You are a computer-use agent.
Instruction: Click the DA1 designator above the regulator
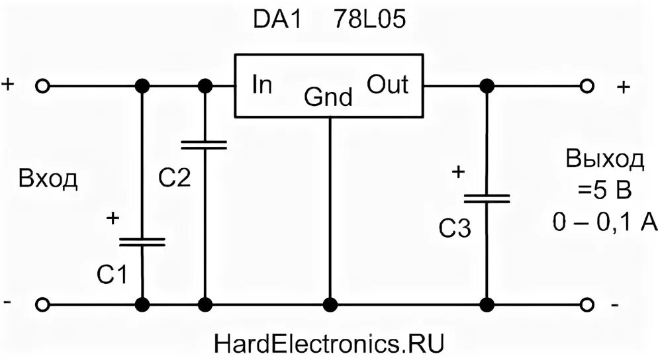click(277, 21)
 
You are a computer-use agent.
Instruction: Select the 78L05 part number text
click(365, 21)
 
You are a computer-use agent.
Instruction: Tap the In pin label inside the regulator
click(262, 85)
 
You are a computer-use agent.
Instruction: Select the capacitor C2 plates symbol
click(205, 144)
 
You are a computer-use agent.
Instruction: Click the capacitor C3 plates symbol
click(487, 199)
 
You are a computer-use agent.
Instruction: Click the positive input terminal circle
click(43, 86)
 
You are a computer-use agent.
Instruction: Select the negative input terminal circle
click(43, 304)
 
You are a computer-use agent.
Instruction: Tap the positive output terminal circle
click(586, 86)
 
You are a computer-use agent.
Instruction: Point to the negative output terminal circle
click(586, 304)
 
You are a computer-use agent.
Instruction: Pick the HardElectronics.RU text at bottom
click(328, 343)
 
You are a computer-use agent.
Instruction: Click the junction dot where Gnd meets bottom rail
click(329, 304)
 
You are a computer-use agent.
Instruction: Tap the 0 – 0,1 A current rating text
click(604, 223)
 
